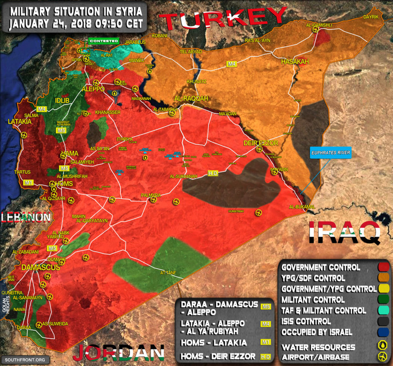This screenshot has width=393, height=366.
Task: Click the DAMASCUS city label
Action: coord(40,268)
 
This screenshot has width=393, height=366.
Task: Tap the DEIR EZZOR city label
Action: coord(261,143)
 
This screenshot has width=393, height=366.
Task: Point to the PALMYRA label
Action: coord(150,195)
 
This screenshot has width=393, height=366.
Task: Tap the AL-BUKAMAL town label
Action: coord(302,207)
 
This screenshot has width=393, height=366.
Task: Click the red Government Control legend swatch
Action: coord(384,267)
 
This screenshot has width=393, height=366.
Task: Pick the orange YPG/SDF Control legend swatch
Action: coord(384,278)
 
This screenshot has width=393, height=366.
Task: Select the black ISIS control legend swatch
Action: coord(384,321)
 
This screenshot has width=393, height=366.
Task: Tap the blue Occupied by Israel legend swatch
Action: coord(384,332)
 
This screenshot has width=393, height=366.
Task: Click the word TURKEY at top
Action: coord(223,19)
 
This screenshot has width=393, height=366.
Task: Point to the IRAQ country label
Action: coord(344,232)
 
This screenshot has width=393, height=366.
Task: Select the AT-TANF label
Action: coord(168,273)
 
